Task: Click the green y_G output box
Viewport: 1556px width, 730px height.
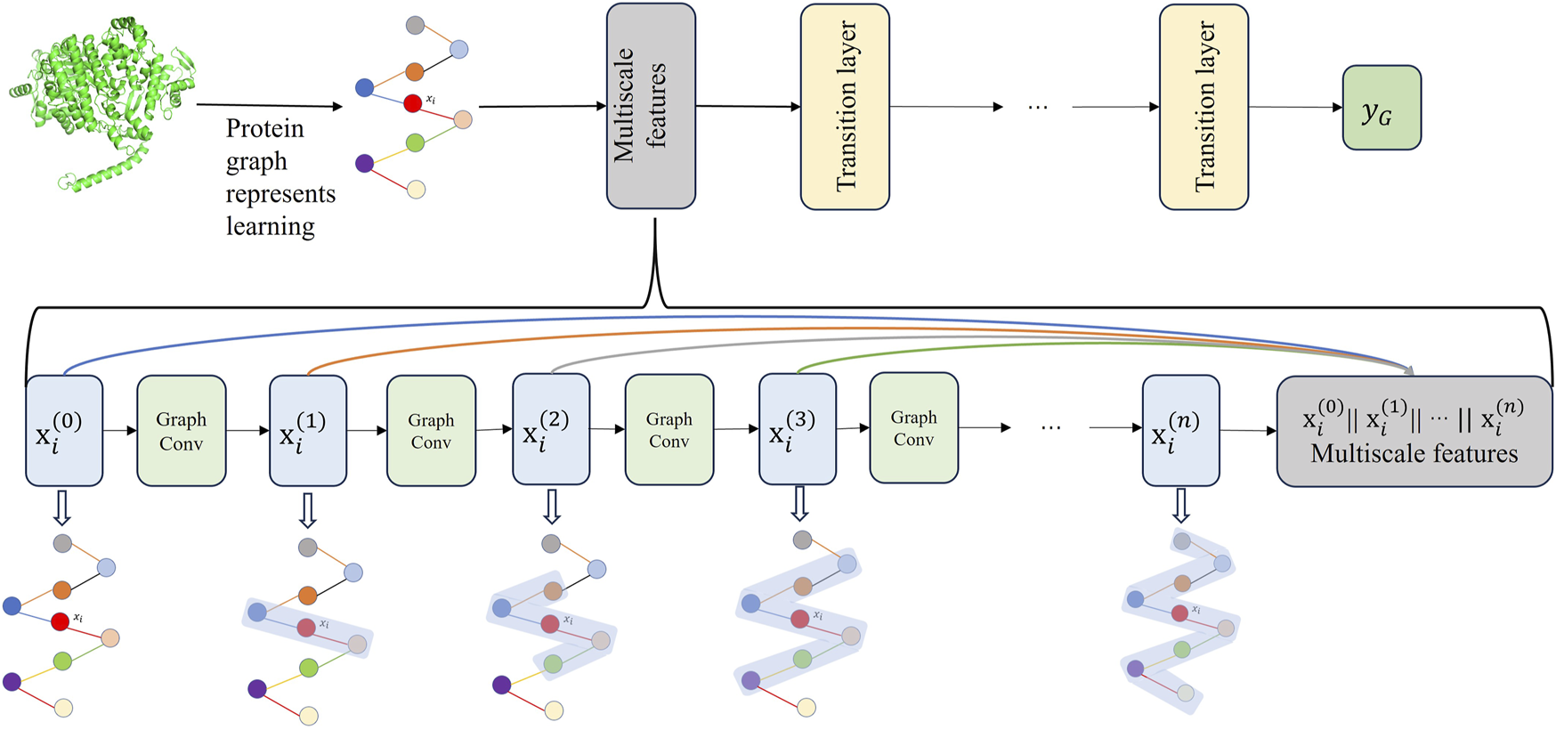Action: point(1381,108)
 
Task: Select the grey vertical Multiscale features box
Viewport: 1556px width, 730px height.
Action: point(651,106)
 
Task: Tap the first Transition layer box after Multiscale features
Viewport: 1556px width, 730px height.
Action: point(845,107)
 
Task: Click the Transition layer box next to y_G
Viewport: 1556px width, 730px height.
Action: point(1203,107)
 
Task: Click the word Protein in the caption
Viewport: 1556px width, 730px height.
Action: point(264,129)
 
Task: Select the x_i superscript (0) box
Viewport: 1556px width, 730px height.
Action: point(64,430)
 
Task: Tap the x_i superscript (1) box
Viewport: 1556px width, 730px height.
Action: point(308,430)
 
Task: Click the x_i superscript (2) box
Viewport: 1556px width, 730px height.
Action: point(551,429)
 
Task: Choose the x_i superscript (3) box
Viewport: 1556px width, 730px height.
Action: point(798,428)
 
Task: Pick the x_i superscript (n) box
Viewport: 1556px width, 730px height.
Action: point(1180,430)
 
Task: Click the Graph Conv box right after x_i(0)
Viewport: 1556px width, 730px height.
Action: point(181,431)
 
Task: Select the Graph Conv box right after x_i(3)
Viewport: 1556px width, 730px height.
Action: point(913,428)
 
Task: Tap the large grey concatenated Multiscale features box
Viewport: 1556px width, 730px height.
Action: point(1414,432)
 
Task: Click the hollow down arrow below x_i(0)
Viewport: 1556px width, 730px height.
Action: point(62,508)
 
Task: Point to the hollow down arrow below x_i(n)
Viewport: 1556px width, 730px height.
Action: point(1180,506)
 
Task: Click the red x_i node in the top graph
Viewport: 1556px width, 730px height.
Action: point(412,104)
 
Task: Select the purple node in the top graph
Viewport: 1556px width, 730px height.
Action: point(364,163)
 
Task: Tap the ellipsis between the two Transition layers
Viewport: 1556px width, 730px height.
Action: point(1037,107)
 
